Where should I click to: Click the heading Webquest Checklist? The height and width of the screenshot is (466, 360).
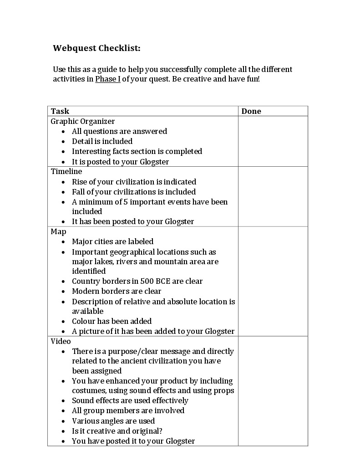96,48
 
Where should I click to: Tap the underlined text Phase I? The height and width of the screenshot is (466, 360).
107,79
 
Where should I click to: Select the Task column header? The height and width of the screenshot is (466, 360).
60,111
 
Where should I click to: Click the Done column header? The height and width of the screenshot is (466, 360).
251,111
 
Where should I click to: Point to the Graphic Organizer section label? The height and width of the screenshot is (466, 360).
82,121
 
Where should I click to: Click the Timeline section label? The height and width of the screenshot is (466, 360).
66,171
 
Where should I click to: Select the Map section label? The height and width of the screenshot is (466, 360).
58,231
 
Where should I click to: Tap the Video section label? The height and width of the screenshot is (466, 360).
61,341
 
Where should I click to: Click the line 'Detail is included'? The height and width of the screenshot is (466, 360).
102,141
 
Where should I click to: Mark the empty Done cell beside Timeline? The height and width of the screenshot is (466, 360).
273,196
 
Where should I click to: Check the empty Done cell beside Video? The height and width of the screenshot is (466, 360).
273,391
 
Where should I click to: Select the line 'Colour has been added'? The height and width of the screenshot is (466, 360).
112,321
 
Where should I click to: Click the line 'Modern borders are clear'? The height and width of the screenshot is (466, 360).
117,291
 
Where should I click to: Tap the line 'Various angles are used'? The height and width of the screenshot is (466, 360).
113,421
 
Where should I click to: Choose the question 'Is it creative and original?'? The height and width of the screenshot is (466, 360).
117,431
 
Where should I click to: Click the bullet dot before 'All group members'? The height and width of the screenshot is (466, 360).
63,411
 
